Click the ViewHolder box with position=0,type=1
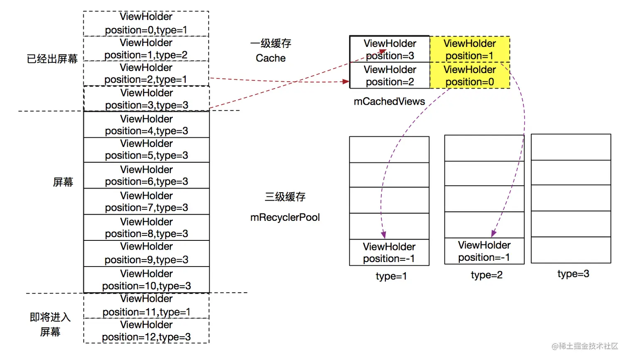point(146,24)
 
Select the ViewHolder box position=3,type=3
point(147,99)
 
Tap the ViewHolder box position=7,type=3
point(147,202)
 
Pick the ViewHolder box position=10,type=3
point(147,280)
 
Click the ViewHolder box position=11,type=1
point(146,306)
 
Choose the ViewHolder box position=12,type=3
point(146,331)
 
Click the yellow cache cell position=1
point(469,49)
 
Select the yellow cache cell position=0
point(469,76)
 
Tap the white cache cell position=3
point(390,49)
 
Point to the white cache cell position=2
point(390,76)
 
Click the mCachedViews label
point(389,102)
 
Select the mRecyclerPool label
point(285,218)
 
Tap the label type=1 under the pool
point(391,276)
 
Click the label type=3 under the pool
point(573,274)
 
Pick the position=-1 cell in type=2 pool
point(484,251)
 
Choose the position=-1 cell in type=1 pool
point(389,252)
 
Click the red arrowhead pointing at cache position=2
point(346,82)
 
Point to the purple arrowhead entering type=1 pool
point(383,235)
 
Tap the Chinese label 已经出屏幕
point(52,59)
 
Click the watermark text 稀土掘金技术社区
point(587,346)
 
